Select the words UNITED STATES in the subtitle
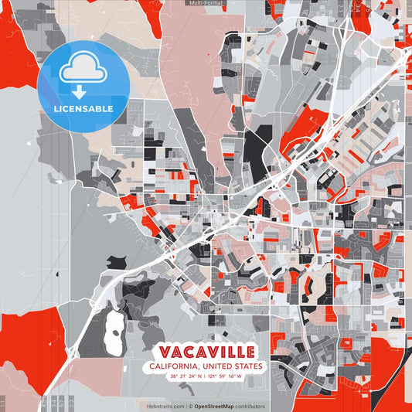(x=235, y=366)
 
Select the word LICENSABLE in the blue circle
(x=83, y=109)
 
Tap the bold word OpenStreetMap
(x=215, y=406)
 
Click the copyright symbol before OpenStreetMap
(x=191, y=406)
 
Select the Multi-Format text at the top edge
(x=206, y=3)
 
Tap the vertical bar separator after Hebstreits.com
(x=186, y=406)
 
